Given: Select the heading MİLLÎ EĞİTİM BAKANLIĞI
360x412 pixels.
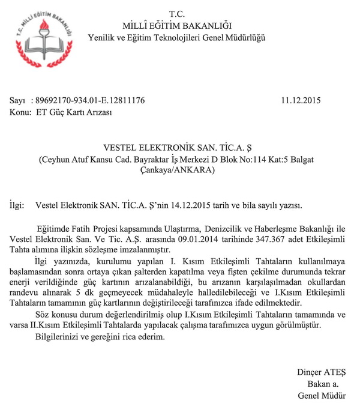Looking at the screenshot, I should [x=178, y=25].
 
